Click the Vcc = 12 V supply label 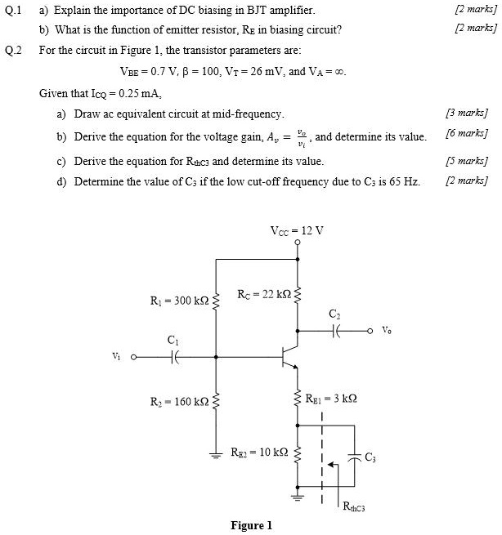297,230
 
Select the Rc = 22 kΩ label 263,294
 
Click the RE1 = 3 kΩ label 332,399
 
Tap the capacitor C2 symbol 334,331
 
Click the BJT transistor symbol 291,357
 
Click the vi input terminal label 117,356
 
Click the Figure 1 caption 251,525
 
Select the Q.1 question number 13,11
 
